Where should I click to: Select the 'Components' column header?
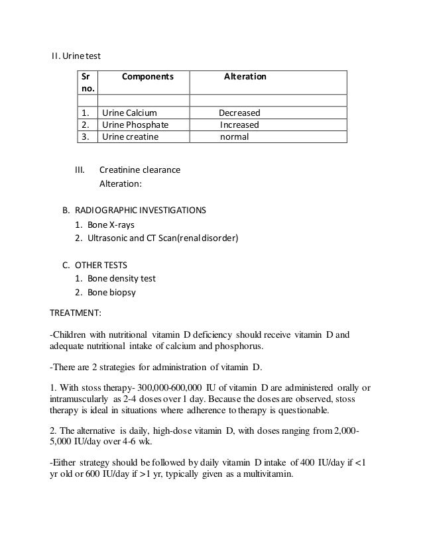pyautogui.click(x=147, y=77)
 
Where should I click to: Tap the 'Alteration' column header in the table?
pyautogui.click(x=245, y=77)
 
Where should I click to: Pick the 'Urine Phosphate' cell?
pyautogui.click(x=135, y=124)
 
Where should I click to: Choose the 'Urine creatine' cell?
pyautogui.click(x=130, y=137)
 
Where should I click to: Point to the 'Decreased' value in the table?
pyautogui.click(x=239, y=113)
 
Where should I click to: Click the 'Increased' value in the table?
pyautogui.click(x=239, y=124)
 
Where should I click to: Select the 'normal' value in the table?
pyautogui.click(x=234, y=137)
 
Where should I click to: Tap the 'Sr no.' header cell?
pyautogui.click(x=87, y=82)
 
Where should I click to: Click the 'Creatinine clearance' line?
pyautogui.click(x=139, y=170)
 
